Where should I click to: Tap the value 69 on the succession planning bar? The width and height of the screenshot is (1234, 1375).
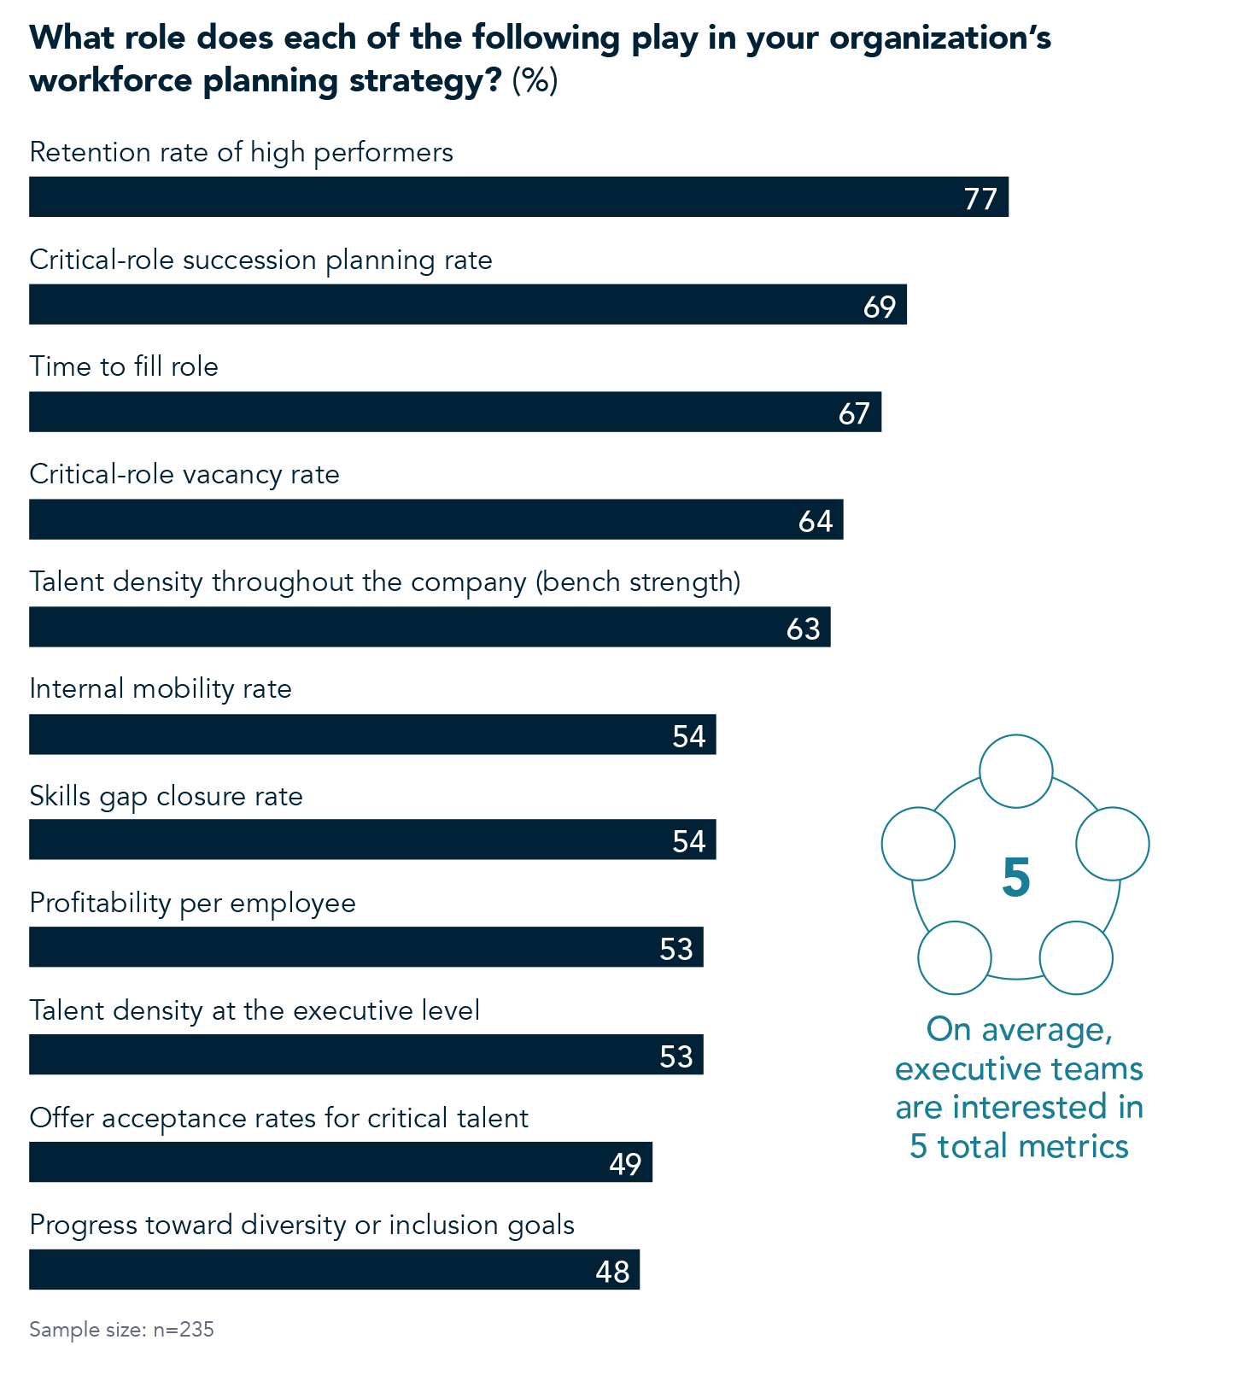point(879,306)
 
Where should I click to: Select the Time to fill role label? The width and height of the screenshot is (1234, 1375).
point(124,366)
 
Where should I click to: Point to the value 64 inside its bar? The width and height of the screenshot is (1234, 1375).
point(815,521)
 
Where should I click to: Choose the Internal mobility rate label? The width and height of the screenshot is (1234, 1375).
point(161,688)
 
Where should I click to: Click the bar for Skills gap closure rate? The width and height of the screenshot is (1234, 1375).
point(371,840)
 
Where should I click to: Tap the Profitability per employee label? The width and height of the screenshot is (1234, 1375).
point(192,903)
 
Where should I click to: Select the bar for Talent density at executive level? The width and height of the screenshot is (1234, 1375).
point(366,1055)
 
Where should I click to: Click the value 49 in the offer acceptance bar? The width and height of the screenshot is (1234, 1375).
point(625,1163)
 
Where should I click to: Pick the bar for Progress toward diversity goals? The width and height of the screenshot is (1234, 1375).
point(333,1270)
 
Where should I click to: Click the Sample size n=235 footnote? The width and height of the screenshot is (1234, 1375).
point(121,1330)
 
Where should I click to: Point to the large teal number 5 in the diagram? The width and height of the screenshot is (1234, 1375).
point(1015,877)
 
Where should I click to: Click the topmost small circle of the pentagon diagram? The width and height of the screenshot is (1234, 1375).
point(1015,771)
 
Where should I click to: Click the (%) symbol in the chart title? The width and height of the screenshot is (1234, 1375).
point(535,81)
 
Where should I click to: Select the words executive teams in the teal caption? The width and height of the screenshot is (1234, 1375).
point(1019,1068)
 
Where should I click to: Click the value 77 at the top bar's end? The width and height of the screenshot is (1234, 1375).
point(980,199)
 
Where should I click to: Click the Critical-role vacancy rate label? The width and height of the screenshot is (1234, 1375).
point(184,474)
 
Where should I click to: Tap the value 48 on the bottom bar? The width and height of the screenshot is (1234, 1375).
point(612,1272)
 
